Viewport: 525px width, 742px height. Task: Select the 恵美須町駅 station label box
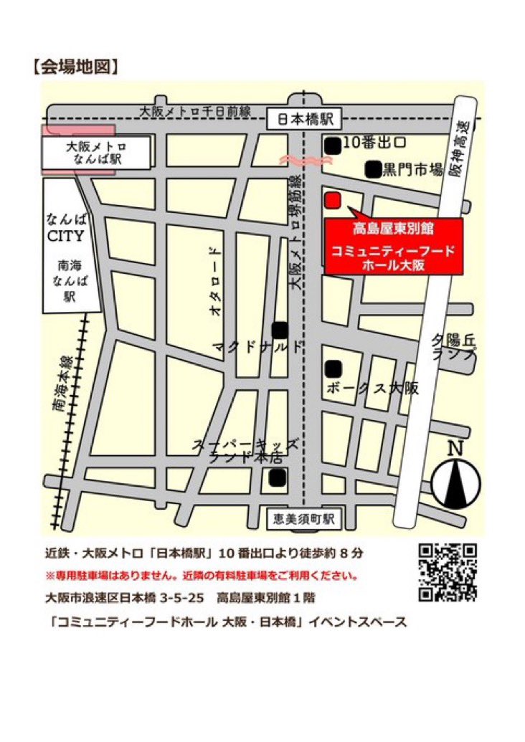pos(305,518)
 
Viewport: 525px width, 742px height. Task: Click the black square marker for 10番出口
pos(332,145)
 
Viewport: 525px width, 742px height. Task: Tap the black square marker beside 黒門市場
pos(373,170)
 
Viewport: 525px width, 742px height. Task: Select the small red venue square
pos(332,199)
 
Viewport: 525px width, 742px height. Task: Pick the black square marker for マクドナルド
pos(280,330)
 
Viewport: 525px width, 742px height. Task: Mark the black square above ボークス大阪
pos(332,368)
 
